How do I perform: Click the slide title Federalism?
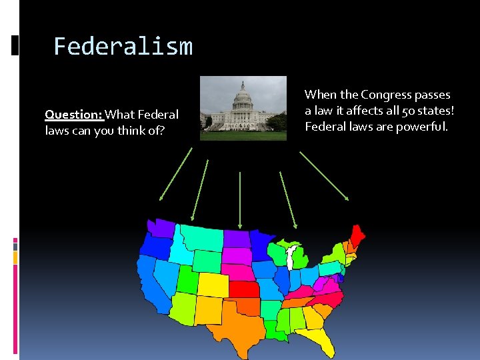[123, 47]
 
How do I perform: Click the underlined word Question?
[73, 115]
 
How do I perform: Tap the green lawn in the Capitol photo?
[243, 135]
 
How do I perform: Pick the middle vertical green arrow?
[240, 199]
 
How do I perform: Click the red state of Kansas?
[245, 289]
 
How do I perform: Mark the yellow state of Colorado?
[212, 285]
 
